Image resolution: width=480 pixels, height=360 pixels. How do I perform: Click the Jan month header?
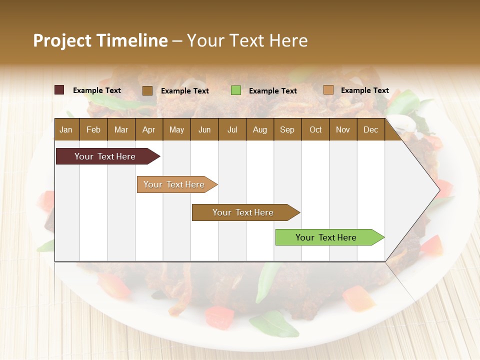(66, 129)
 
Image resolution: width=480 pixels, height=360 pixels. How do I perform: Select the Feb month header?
(93, 129)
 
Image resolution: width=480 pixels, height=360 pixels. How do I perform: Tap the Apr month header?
(148, 129)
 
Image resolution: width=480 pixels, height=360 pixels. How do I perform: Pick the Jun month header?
(204, 129)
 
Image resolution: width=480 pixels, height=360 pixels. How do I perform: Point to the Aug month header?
(259, 129)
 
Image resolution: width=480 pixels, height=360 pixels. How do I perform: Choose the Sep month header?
(287, 129)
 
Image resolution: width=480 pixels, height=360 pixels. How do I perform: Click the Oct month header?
(315, 129)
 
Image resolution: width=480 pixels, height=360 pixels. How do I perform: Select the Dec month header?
(370, 129)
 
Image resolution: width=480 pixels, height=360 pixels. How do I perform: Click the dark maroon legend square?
(59, 90)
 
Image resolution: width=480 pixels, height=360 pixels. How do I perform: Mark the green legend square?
(236, 90)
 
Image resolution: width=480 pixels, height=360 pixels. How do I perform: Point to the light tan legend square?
(328, 90)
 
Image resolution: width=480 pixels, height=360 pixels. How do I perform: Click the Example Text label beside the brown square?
(184, 91)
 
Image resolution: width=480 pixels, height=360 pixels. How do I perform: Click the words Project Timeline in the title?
(100, 40)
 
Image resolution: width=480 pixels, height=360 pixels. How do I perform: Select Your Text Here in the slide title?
(247, 40)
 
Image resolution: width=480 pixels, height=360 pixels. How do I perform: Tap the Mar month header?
(121, 129)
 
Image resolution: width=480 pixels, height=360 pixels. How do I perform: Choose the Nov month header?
(343, 129)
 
